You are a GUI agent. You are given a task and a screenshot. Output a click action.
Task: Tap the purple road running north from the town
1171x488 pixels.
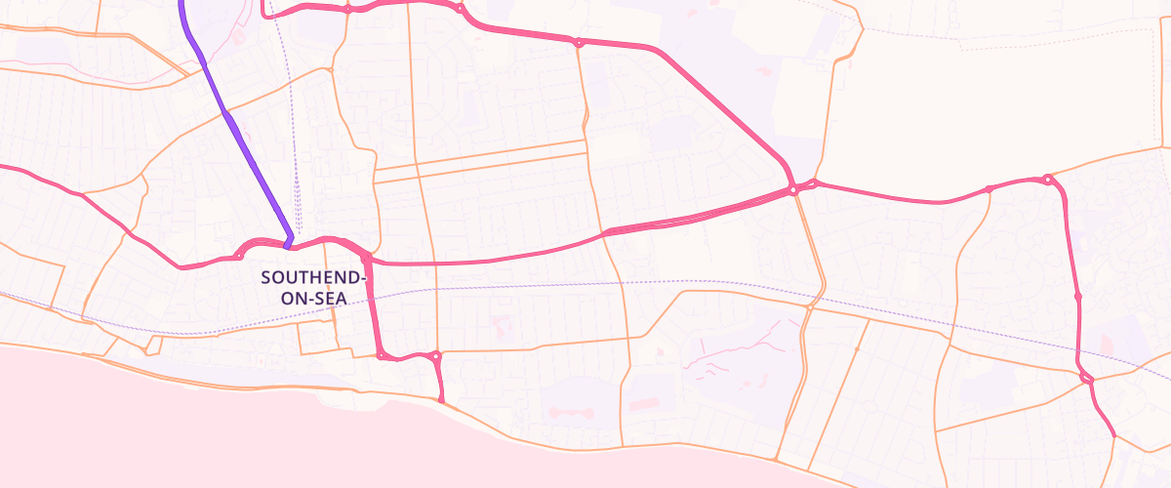pos(244,146)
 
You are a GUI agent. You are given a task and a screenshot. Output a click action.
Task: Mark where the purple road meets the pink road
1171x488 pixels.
pos(288,242)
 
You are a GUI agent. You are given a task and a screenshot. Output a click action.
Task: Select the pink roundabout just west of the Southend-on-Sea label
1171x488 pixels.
pos(239,256)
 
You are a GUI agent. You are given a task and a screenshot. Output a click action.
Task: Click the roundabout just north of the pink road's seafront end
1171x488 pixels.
pos(436,356)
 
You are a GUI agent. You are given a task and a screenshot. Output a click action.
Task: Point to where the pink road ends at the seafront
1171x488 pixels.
pos(442,400)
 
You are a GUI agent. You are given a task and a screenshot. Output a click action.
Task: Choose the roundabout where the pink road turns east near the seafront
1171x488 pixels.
pos(380,355)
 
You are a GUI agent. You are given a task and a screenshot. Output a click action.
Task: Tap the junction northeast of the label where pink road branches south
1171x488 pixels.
pos(366,259)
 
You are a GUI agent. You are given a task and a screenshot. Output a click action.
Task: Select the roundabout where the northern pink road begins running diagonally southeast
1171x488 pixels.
pos(579,42)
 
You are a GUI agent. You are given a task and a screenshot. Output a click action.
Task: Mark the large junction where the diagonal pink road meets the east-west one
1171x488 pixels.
pos(793,189)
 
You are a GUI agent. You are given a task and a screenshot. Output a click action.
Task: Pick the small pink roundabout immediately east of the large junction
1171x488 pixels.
pos(815,183)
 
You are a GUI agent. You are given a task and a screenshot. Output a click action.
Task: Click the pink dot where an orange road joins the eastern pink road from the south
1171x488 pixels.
pos(989,188)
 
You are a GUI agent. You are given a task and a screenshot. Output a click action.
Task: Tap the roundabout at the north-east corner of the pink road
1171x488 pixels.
pos(1047,179)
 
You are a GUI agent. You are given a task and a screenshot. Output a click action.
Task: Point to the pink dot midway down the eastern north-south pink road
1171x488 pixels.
pos(1077,295)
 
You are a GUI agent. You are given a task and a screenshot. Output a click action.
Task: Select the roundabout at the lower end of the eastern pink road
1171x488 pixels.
pos(1086,377)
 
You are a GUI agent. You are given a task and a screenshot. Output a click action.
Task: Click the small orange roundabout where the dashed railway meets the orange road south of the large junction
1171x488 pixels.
pos(810,306)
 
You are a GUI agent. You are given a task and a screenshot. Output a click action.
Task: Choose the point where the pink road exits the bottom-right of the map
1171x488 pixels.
pos(1113,434)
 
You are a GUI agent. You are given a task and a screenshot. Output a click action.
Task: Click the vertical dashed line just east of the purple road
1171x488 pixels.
pos(295,146)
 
